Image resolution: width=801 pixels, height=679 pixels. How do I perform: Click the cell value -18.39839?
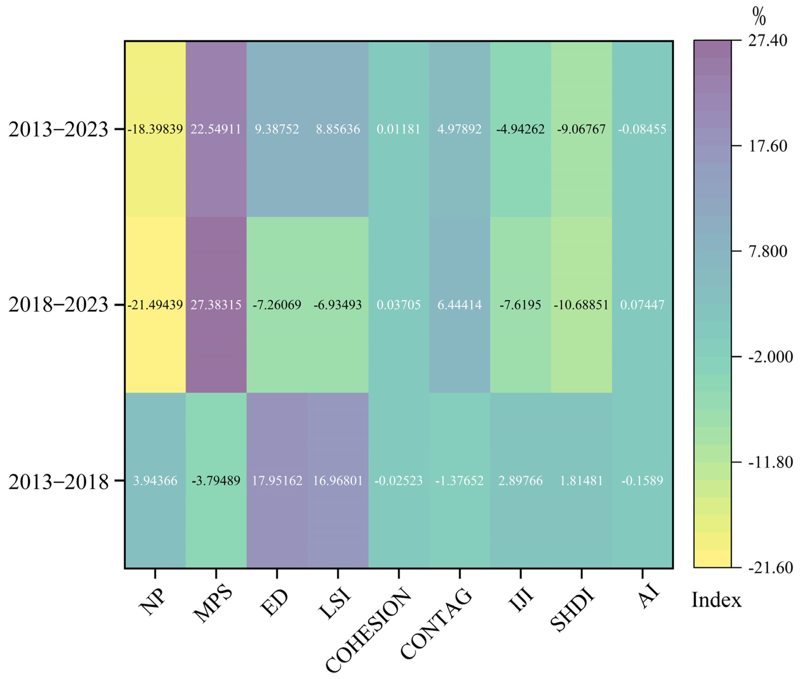click(155, 129)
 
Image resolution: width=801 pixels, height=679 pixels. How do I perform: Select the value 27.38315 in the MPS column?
click(216, 305)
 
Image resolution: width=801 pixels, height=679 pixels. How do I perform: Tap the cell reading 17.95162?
click(277, 481)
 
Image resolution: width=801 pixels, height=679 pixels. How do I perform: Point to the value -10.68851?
click(581, 305)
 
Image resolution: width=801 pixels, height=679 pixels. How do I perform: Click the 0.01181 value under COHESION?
click(398, 129)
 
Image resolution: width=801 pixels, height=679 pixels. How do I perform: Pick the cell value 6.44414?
click(459, 305)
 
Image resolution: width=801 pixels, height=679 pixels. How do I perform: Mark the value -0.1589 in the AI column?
click(642, 481)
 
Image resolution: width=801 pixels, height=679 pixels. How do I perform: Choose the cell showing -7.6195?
click(520, 305)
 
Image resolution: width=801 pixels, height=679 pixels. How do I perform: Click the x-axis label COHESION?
click(368, 629)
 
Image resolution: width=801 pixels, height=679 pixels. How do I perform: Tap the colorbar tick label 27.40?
click(768, 40)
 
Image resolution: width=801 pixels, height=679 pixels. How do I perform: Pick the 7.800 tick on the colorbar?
click(768, 251)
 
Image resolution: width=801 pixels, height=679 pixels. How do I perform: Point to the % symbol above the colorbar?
click(759, 17)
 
